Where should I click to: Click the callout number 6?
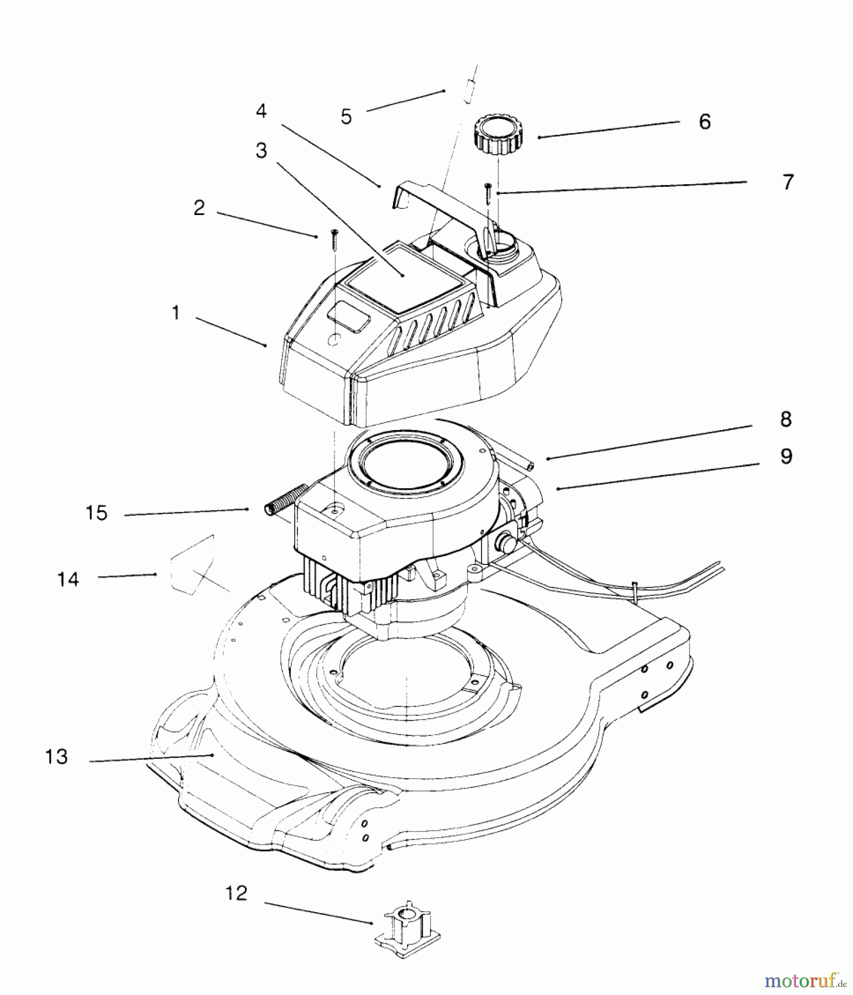coord(704,122)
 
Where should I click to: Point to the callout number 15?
coord(96,513)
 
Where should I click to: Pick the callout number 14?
coord(68,579)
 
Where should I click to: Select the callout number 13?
coord(56,756)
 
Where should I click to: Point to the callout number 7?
coord(788,182)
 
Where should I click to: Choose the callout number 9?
coord(786,457)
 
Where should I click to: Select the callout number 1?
coord(176,313)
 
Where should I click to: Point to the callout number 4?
coord(261,111)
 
